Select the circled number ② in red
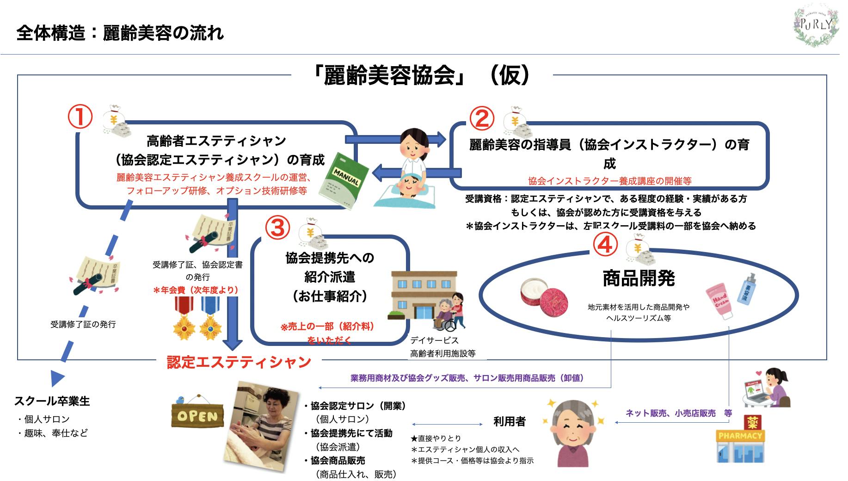pyautogui.click(x=481, y=118)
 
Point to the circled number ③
pyautogui.click(x=277, y=228)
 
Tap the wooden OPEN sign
pyautogui.click(x=197, y=413)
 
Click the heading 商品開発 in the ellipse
pyautogui.click(x=639, y=278)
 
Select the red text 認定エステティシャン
pyautogui.click(x=239, y=362)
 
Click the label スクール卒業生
pyautogui.click(x=52, y=401)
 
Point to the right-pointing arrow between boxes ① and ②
pyautogui.click(x=395, y=139)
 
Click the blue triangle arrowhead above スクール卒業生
pyautogui.click(x=57, y=378)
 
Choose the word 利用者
pyautogui.click(x=509, y=421)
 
